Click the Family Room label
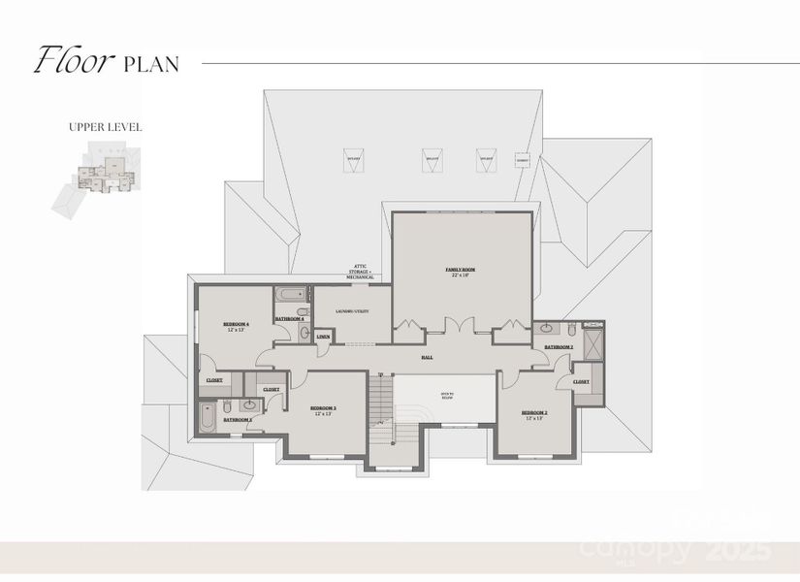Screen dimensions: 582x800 pos(461,271)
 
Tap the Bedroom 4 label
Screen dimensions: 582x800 pos(236,326)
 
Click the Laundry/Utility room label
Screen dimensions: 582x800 pos(349,311)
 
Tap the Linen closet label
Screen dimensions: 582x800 pos(323,336)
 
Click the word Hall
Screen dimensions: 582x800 pos(427,357)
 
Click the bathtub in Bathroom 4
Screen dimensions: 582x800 pos(290,295)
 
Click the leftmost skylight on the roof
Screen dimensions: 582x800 pos(354,157)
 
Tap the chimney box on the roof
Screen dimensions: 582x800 pos(523,159)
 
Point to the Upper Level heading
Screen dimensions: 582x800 pos(106,126)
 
